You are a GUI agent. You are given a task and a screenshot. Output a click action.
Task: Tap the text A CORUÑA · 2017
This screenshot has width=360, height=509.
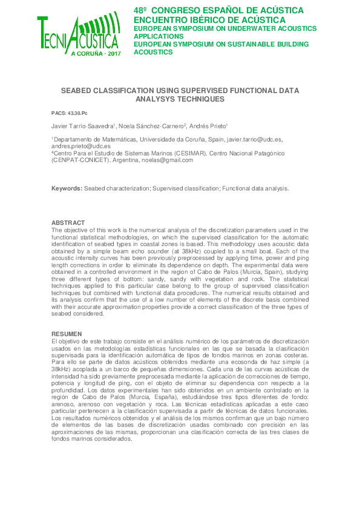[x=96, y=54]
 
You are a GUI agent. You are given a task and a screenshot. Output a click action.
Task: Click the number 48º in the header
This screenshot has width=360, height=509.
[x=141, y=10]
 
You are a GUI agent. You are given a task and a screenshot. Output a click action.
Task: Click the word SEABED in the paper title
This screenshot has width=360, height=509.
[x=75, y=90]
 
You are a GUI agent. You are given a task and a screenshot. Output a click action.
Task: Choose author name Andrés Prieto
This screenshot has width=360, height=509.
[x=208, y=125]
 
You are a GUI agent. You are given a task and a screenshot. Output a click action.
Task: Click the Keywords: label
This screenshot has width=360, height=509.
[x=67, y=189]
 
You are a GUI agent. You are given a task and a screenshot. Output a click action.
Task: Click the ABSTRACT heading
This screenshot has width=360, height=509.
[x=68, y=223]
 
